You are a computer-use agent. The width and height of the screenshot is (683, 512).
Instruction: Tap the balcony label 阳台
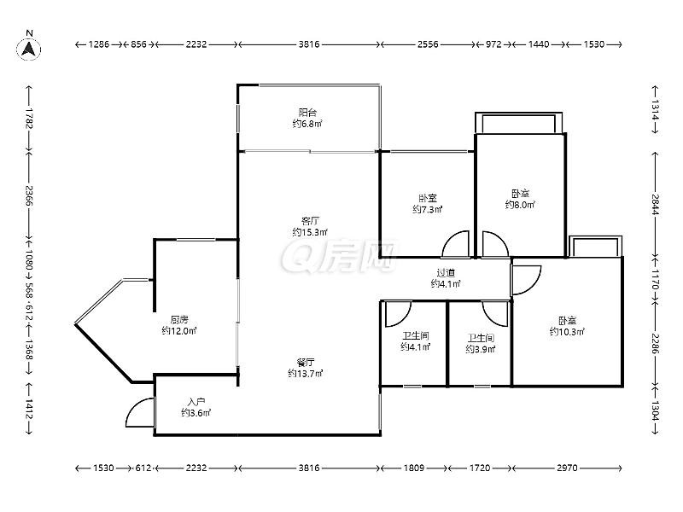pyautogui.click(x=307, y=113)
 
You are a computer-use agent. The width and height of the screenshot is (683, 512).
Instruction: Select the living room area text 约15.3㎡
pyautogui.click(x=310, y=232)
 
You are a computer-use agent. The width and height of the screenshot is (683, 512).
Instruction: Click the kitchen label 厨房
pyautogui.click(x=179, y=320)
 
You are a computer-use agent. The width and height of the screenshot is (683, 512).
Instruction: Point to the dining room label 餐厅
pyautogui.click(x=306, y=362)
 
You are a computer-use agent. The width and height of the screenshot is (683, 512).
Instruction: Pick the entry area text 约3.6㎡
pyautogui.click(x=196, y=413)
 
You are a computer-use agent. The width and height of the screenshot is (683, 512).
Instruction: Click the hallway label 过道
pyautogui.click(x=446, y=273)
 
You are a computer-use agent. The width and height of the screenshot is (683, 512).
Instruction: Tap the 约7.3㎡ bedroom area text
pyautogui.click(x=428, y=209)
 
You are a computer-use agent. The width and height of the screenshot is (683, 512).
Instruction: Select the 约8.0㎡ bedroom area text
pyautogui.click(x=520, y=205)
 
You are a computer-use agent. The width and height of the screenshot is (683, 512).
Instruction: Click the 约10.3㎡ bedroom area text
pyautogui.click(x=567, y=332)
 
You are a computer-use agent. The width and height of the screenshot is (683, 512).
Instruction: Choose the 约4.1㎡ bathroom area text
pyautogui.click(x=416, y=347)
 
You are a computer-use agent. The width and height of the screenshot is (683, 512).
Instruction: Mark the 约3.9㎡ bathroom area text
pyautogui.click(x=481, y=349)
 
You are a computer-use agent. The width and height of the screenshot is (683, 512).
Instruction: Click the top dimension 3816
pyautogui.click(x=309, y=44)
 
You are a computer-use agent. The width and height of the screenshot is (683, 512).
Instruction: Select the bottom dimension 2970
pyautogui.click(x=567, y=468)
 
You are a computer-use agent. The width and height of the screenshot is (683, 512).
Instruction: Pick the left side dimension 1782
pyautogui.click(x=29, y=118)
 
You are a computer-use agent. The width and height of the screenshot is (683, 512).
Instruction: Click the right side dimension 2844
pyautogui.click(x=656, y=205)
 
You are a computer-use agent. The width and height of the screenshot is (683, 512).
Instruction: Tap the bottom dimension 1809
pyautogui.click(x=414, y=468)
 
